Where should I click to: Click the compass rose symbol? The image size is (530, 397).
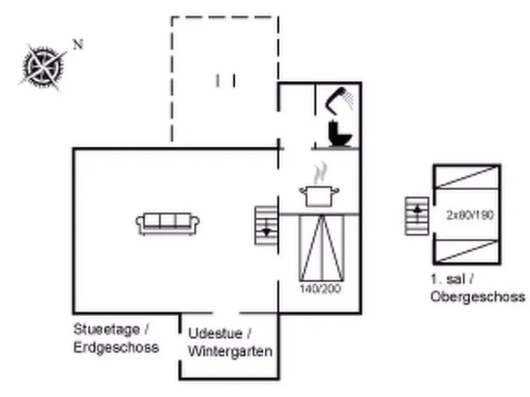click(43, 66)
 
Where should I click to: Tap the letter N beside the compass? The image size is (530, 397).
click(78, 44)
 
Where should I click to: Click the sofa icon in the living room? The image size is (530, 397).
click(168, 222)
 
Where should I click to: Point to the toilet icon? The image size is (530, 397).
click(340, 133)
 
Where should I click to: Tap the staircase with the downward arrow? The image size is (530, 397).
click(267, 225)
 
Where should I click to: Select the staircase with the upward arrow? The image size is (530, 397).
click(417, 216)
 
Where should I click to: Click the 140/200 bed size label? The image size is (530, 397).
click(320, 289)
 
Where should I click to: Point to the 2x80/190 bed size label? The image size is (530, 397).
click(470, 215)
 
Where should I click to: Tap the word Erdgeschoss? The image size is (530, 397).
click(116, 347)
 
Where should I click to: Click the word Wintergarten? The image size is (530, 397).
click(230, 352)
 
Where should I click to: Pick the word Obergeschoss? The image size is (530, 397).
click(477, 297)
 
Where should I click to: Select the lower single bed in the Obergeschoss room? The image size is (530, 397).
click(467, 251)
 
